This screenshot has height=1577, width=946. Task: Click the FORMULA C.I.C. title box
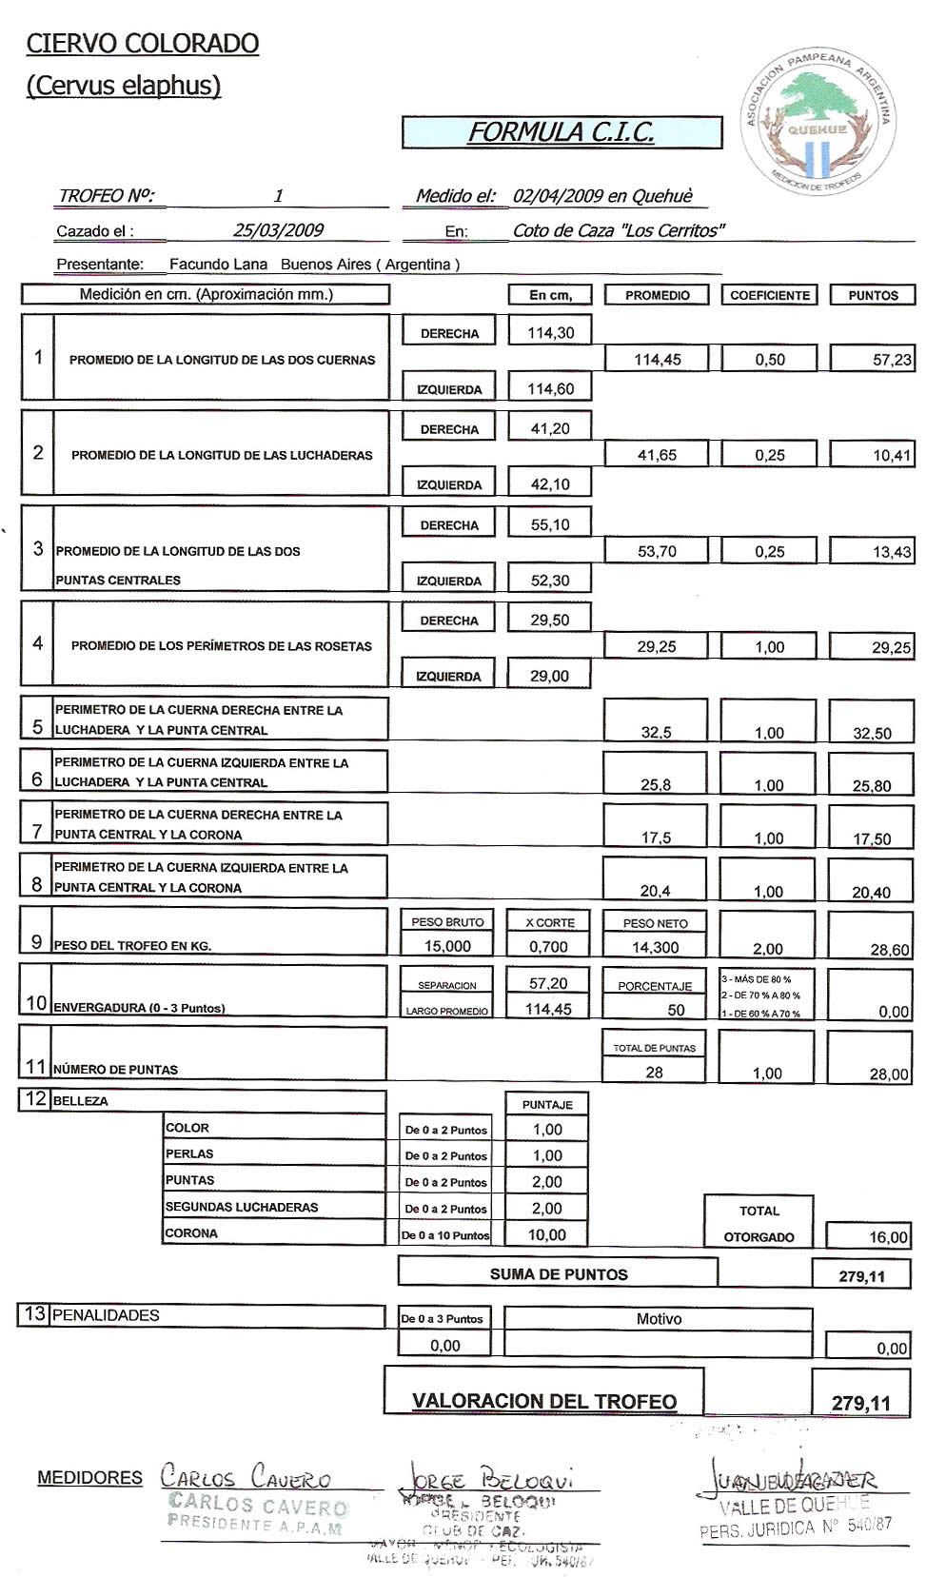(562, 132)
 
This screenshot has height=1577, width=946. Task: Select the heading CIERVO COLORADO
(143, 44)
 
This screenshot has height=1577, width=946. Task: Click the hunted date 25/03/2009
(278, 230)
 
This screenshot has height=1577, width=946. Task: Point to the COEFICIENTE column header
(769, 295)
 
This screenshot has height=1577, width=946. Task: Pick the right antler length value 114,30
(550, 332)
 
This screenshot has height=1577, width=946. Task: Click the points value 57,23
(891, 360)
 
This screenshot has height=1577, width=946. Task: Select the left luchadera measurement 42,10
(550, 484)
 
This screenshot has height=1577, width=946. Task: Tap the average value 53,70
(657, 551)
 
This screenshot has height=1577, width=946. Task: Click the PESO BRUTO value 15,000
(447, 946)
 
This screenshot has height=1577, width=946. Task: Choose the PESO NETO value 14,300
(655, 947)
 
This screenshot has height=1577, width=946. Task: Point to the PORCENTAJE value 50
(676, 1010)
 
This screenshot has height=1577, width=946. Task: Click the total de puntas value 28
(654, 1072)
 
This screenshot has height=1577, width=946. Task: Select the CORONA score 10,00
(546, 1234)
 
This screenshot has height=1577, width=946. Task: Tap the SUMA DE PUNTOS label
(559, 1274)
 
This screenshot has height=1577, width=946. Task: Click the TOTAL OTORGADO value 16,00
(888, 1237)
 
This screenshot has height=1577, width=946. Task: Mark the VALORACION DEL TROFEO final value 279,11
(860, 1403)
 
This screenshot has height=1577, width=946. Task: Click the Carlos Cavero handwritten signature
(246, 1476)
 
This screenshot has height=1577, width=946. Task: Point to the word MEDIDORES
(89, 1478)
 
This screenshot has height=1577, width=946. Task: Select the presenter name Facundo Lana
(218, 265)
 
